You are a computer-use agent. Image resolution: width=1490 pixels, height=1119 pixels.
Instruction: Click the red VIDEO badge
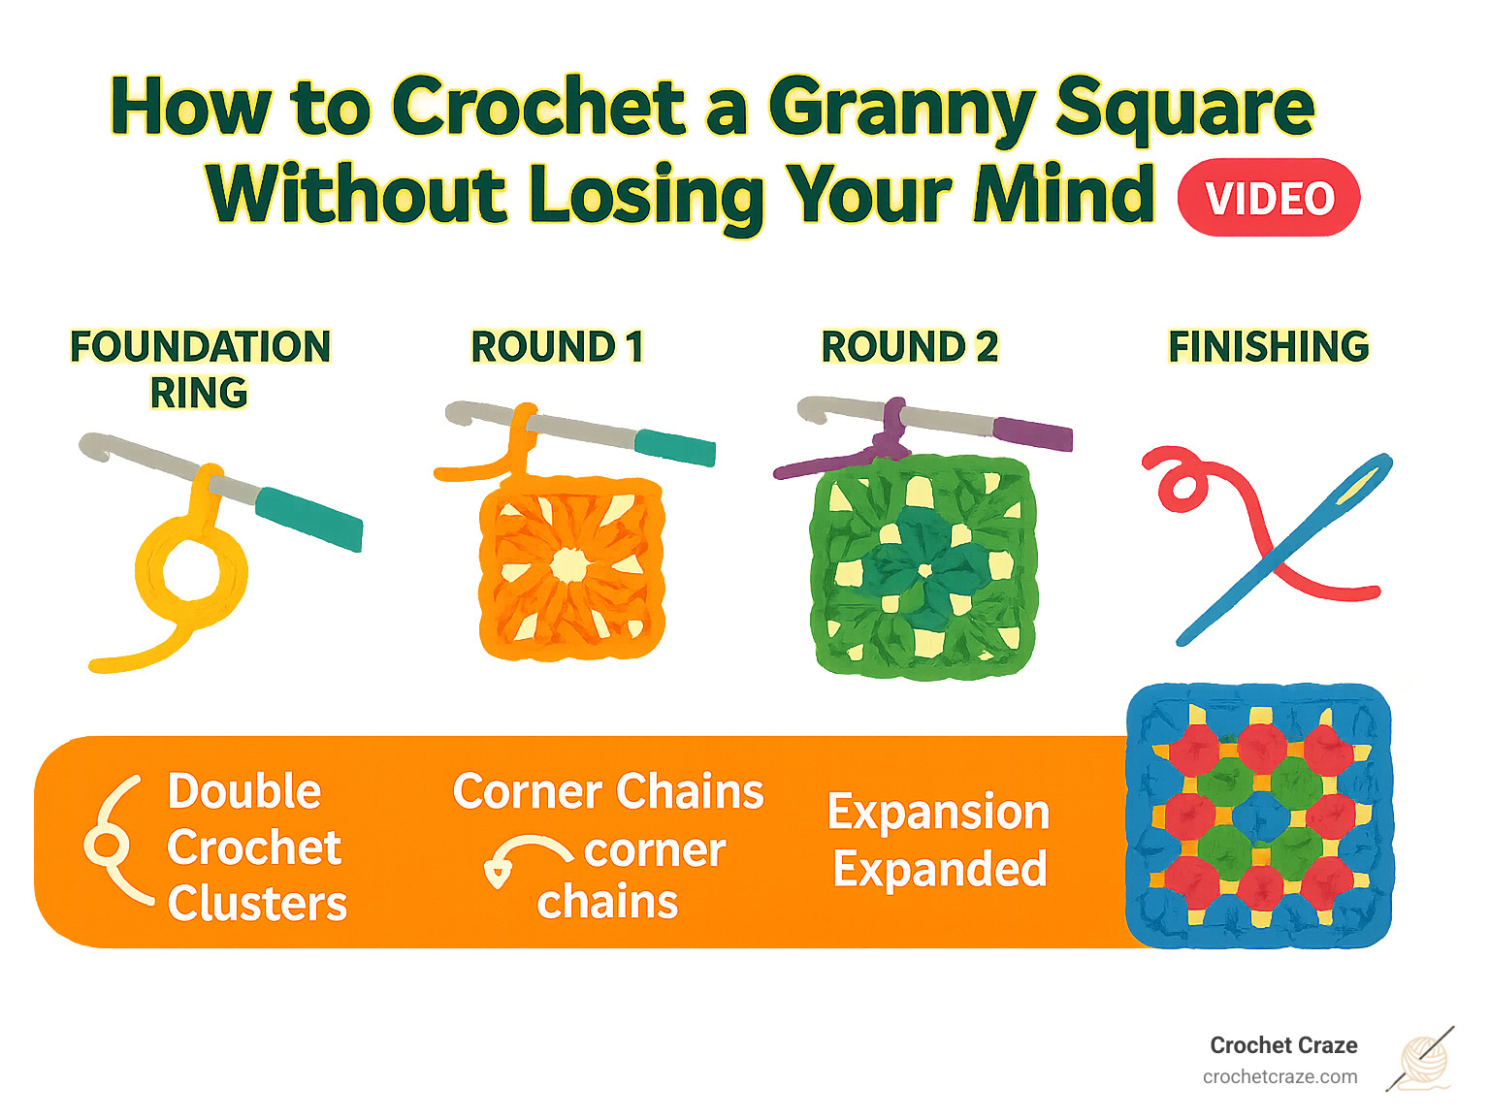[x=1268, y=198]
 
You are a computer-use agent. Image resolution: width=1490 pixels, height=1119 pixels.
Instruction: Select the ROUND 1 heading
[x=557, y=347]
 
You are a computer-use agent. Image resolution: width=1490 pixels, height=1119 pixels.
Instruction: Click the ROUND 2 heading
[x=909, y=347]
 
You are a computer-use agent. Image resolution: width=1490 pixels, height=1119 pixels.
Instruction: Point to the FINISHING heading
[x=1268, y=347]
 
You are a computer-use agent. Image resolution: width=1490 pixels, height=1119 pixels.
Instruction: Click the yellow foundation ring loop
[x=191, y=572]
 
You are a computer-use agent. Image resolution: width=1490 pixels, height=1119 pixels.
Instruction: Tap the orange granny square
[x=571, y=568]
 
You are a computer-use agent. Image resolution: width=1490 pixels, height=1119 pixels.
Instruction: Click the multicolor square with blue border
[x=1259, y=815]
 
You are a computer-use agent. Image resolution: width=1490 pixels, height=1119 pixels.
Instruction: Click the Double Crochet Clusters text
[x=255, y=847]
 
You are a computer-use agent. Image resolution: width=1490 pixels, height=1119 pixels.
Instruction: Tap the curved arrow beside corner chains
[x=524, y=858]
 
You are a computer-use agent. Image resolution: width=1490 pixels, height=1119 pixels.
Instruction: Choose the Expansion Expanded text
[x=939, y=841]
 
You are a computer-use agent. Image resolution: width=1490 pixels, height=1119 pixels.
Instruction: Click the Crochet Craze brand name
[x=1282, y=1045]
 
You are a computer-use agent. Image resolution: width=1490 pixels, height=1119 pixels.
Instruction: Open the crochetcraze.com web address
[x=1279, y=1077]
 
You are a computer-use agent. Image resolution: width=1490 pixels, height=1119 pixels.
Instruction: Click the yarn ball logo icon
[x=1422, y=1060]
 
